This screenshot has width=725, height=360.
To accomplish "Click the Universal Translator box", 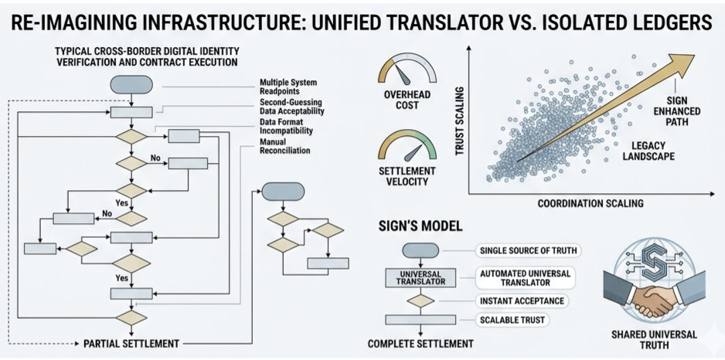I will [x=421, y=277].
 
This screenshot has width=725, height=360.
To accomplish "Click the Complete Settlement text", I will [x=421, y=344].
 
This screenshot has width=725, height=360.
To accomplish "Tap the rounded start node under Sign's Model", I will [x=421, y=250].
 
